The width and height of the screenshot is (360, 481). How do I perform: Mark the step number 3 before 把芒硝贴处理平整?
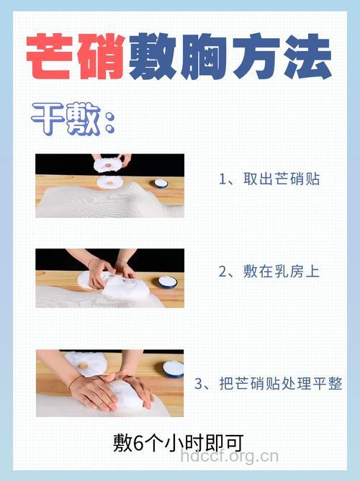pos(199,385)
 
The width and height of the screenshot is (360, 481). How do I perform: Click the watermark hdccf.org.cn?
pos(229,457)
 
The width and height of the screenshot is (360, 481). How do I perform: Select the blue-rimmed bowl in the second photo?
pos(167,282)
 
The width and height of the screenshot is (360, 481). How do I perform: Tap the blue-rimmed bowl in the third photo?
pos(173,369)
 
